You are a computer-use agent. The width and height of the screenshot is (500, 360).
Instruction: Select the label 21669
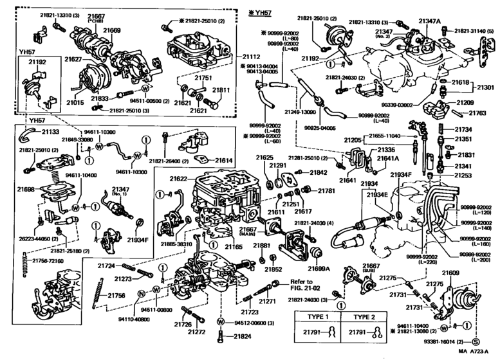pos(112,31)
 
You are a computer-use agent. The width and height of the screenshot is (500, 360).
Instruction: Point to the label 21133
pos(51,130)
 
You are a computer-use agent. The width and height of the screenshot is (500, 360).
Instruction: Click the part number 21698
pos(26,189)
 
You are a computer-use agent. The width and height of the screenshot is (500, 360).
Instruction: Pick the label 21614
pos(223,160)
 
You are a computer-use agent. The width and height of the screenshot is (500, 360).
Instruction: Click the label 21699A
pos(318,269)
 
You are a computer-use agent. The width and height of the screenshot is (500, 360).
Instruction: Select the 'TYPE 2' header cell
pos(366,317)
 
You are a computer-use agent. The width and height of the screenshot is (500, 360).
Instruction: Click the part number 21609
pos(450,273)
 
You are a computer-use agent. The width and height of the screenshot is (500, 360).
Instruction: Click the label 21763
pos(477,113)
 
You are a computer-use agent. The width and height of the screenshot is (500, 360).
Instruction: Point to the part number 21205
pos(352,139)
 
